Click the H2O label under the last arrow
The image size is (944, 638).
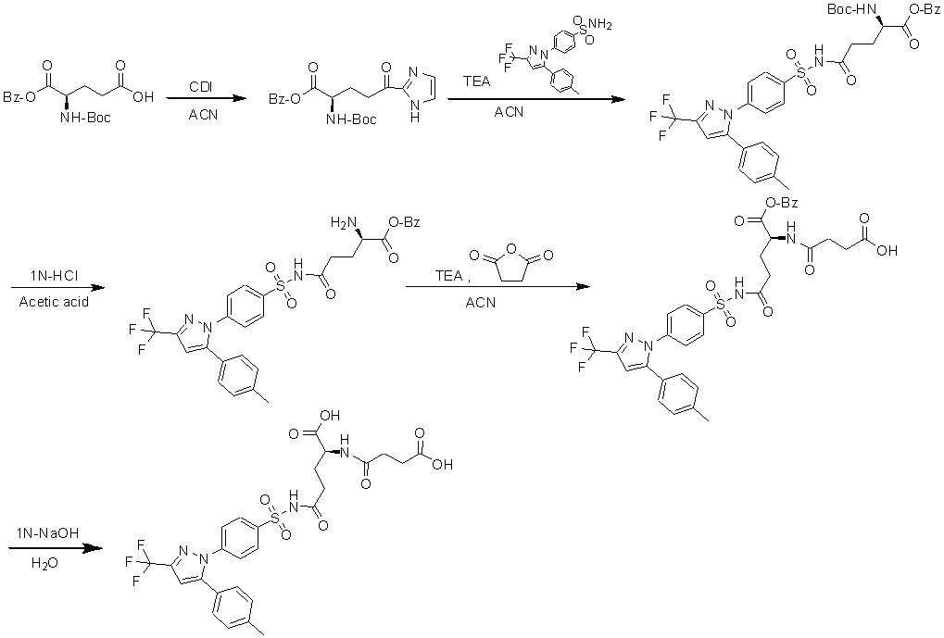(44, 562)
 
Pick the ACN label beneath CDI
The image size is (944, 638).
(200, 114)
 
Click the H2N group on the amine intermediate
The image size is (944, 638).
(344, 222)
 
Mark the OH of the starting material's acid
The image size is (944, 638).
(143, 94)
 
